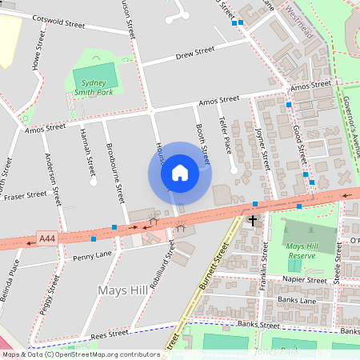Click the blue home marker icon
tap(180, 173)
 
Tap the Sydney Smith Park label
tap(94, 88)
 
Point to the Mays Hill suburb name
tap(122, 290)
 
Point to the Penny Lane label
tap(93, 257)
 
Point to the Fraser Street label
tap(26, 194)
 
